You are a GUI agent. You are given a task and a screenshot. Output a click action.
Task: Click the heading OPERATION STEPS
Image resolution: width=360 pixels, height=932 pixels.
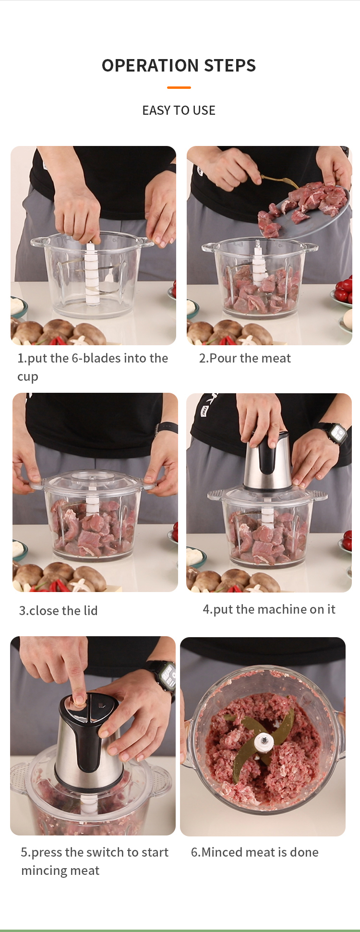(x=179, y=65)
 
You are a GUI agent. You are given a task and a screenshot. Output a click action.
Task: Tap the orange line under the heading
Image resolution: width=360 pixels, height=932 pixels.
(x=179, y=87)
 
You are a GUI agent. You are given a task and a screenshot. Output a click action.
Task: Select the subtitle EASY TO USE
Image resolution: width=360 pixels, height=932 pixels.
(x=179, y=110)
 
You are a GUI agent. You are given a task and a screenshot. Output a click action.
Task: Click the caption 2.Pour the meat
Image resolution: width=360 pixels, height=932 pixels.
(x=245, y=358)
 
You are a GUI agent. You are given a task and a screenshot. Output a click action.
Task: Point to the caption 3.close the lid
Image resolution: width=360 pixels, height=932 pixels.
(x=58, y=610)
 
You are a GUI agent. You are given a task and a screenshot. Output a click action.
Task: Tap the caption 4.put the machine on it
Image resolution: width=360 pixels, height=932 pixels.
(x=269, y=609)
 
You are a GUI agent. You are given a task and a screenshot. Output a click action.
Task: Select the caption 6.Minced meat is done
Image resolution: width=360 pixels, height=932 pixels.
(x=254, y=852)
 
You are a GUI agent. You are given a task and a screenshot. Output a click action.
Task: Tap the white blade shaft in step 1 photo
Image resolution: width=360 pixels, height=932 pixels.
(x=91, y=274)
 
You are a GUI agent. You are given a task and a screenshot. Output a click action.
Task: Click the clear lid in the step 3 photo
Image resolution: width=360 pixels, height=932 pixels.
(x=94, y=480)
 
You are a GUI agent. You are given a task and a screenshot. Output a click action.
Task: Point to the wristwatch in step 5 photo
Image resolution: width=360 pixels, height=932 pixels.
(x=165, y=675)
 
